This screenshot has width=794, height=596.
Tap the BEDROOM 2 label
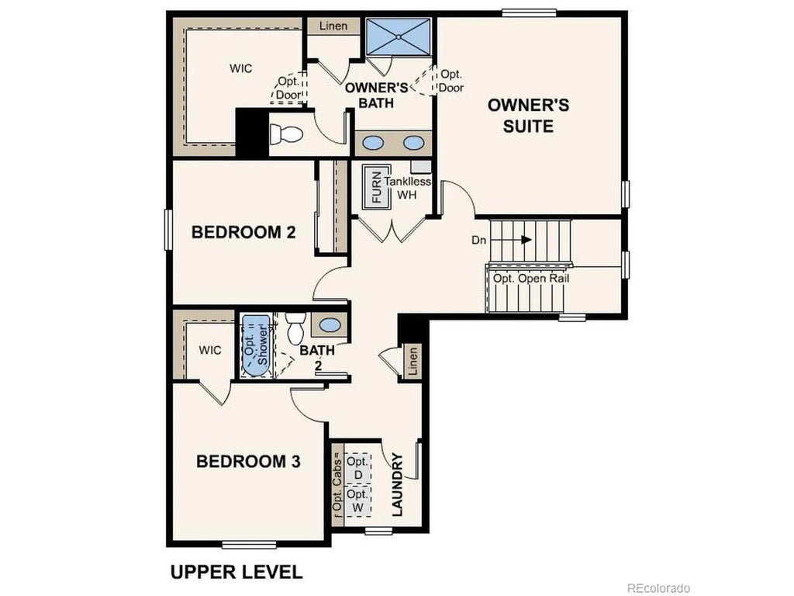[x=243, y=232]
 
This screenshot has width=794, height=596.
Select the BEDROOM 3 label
[x=248, y=462]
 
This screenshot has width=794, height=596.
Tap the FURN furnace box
[x=377, y=187]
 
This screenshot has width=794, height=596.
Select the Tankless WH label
[x=408, y=187]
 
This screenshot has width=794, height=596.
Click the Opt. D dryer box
[x=357, y=467]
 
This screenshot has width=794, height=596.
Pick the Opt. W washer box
[x=357, y=501]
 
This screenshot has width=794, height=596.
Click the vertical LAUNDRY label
[x=397, y=485]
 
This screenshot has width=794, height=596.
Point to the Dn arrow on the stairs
[x=526, y=240]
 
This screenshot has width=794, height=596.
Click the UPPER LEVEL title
[x=236, y=573]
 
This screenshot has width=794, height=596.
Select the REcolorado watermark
[x=658, y=588]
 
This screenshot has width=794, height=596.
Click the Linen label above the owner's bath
[x=334, y=26]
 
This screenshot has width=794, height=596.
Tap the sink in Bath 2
[x=330, y=324]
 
